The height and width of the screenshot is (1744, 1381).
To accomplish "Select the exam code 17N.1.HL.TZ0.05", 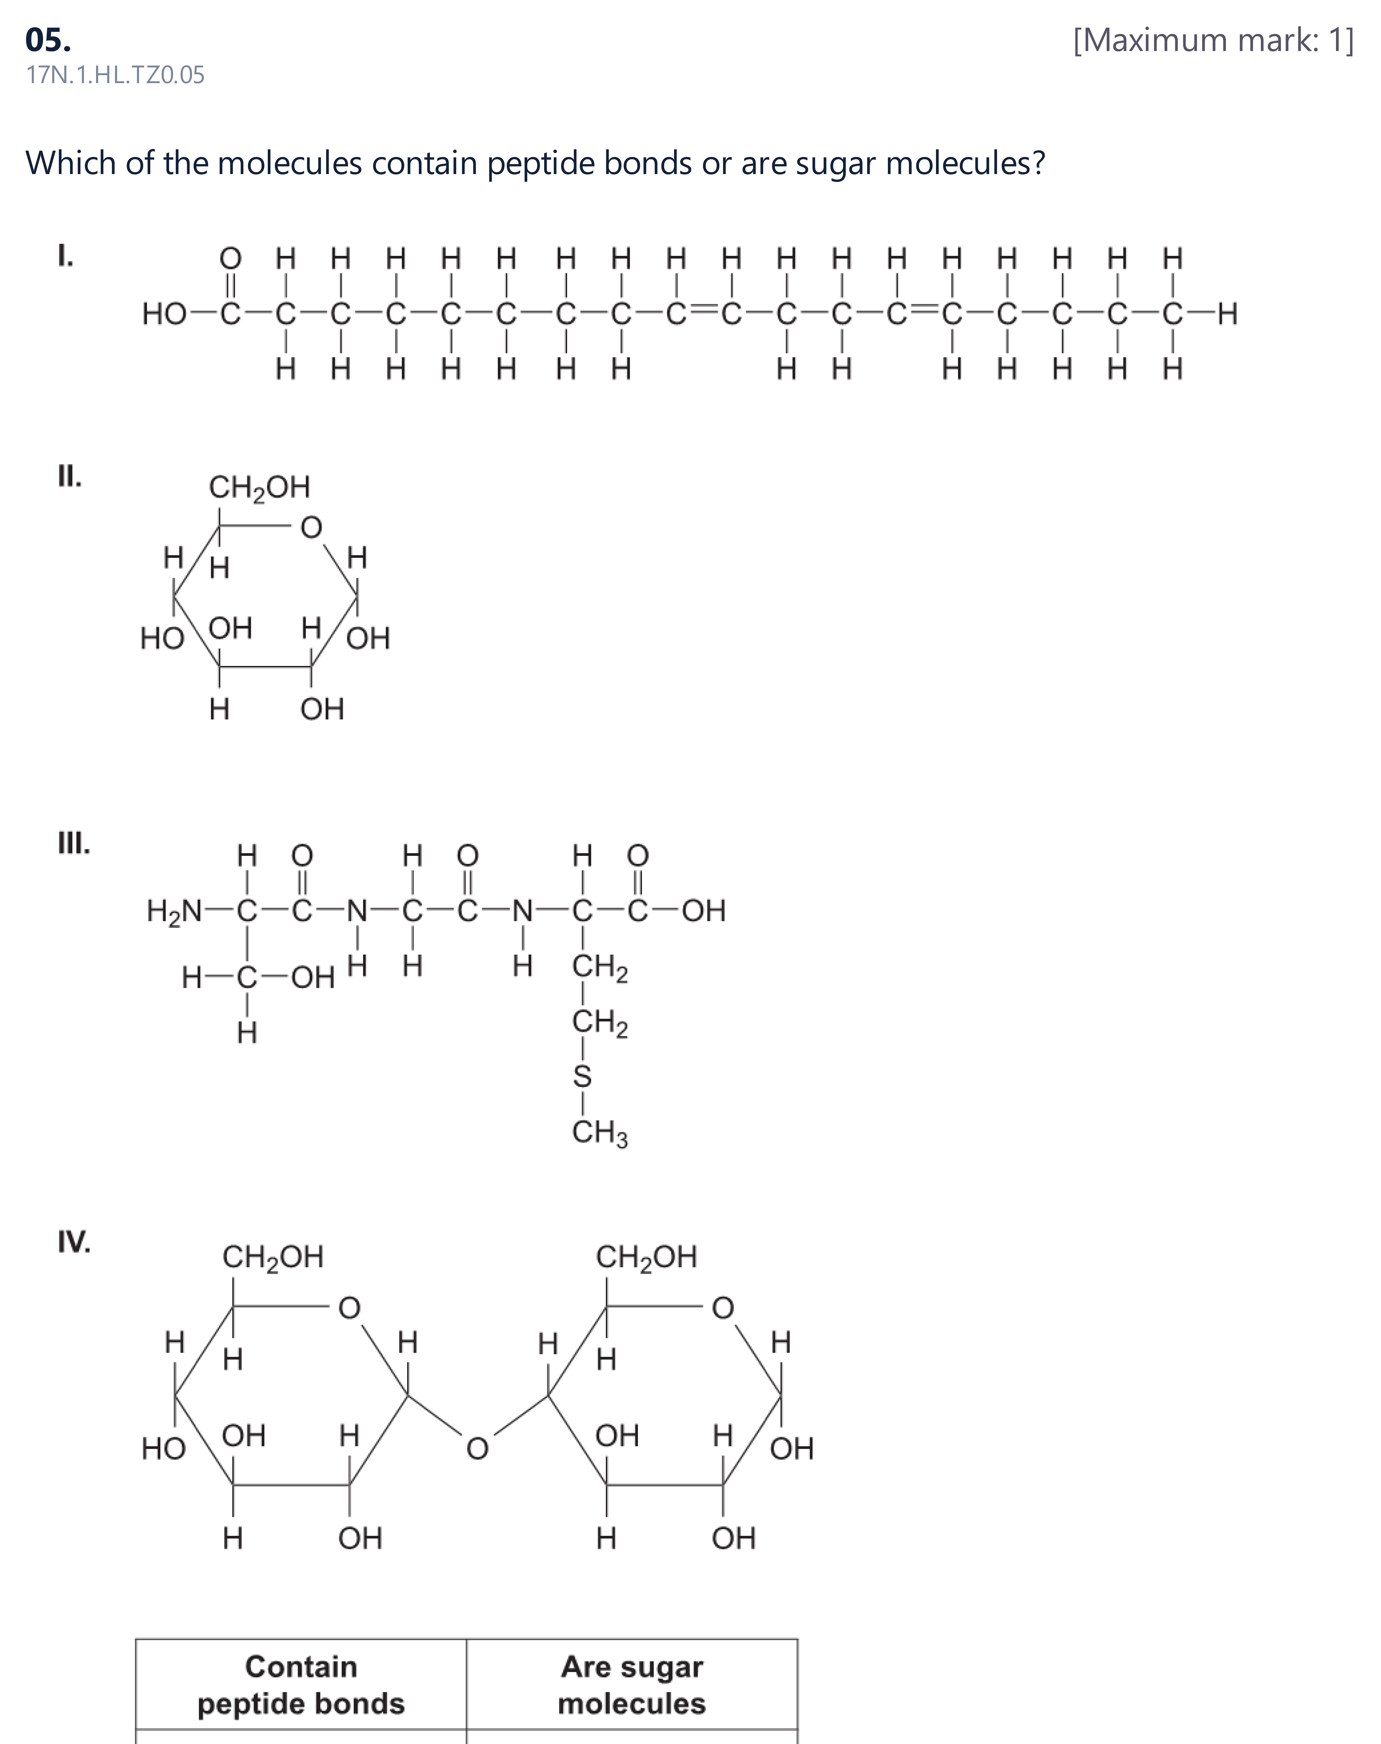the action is click(116, 75).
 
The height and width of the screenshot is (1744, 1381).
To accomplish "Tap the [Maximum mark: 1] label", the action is click(1213, 40).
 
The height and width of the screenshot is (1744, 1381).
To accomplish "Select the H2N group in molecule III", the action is click(175, 912).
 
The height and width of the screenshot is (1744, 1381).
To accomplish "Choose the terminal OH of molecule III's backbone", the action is click(703, 911).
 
